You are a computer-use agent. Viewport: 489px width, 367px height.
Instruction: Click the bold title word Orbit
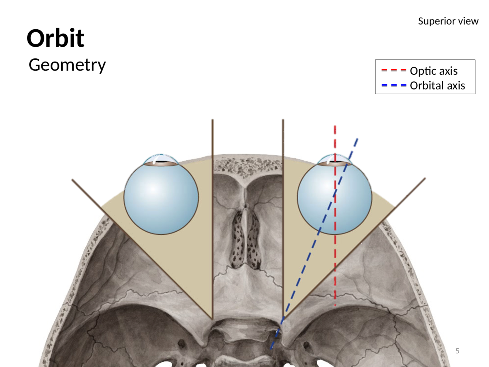click(55, 38)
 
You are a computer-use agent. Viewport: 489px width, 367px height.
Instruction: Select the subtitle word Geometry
click(67, 65)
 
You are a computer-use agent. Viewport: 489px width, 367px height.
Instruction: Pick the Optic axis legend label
click(434, 70)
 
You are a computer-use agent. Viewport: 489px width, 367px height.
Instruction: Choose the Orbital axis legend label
click(437, 85)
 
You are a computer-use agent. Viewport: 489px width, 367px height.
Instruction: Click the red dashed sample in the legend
click(394, 70)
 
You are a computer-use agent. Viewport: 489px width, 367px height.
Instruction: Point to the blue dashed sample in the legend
click(394, 85)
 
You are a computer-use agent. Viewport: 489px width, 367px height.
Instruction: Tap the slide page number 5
click(457, 351)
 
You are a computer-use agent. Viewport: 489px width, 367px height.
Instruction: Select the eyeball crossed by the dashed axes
click(352, 205)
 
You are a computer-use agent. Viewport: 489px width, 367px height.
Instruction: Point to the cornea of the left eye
click(160, 159)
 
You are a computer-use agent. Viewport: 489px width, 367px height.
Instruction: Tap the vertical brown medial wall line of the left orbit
click(213, 220)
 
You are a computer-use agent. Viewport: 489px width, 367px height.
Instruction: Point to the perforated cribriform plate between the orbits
click(246, 238)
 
